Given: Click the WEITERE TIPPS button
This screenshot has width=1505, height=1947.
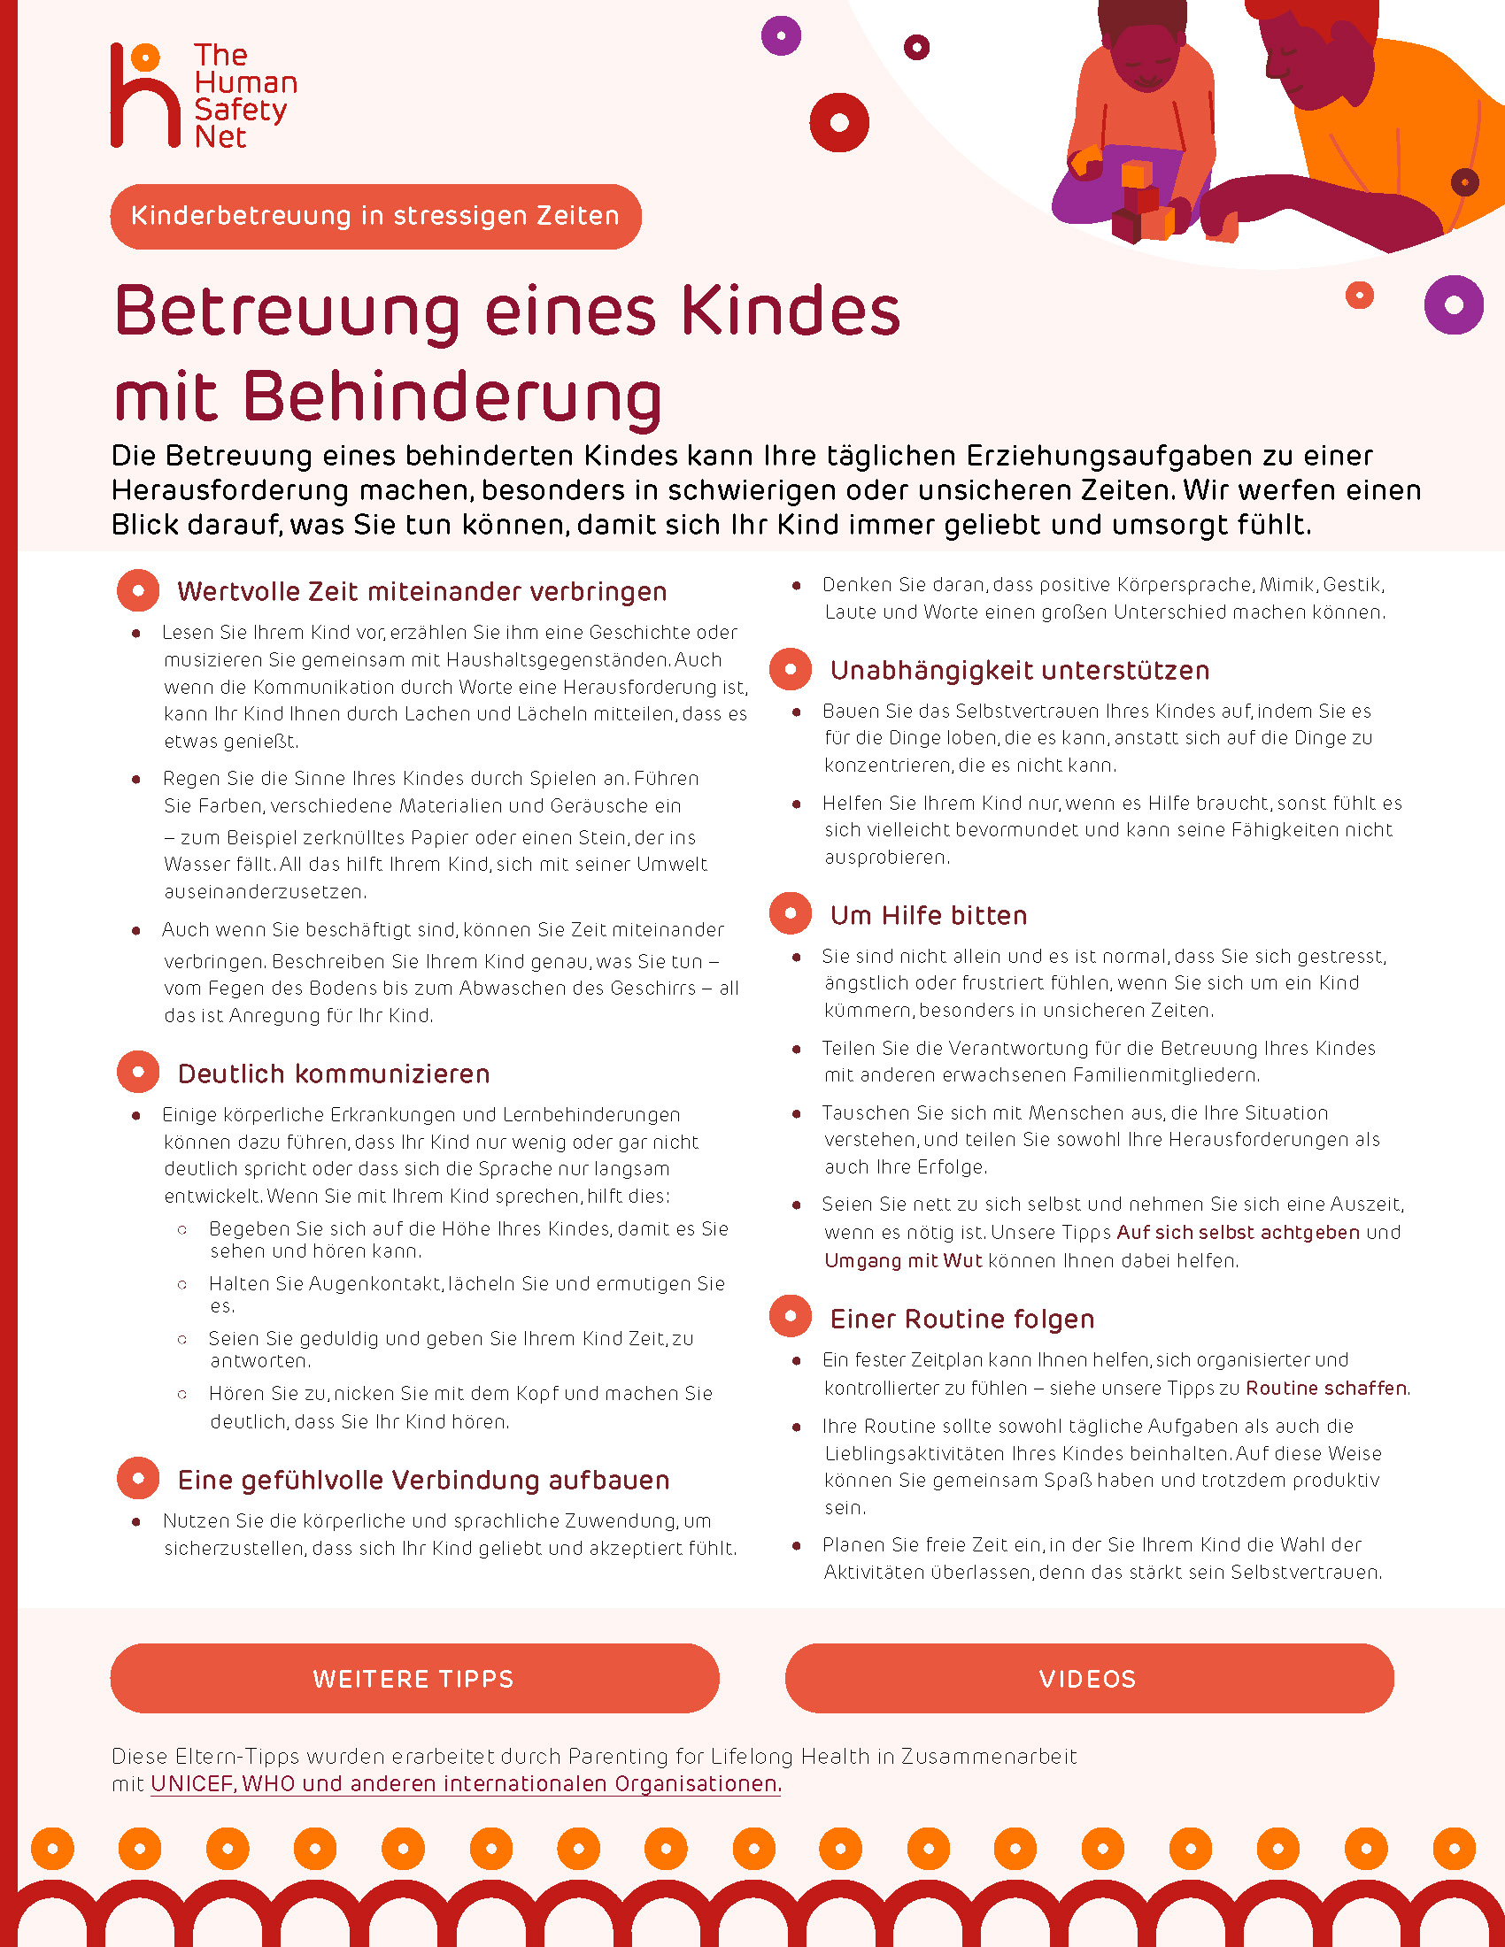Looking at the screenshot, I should (x=414, y=1679).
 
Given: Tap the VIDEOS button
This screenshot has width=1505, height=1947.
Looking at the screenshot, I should (x=1089, y=1679).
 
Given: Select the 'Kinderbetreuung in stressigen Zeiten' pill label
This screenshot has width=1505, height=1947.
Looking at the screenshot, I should (x=375, y=217).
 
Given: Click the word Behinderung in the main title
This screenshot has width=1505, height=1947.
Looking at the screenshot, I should (x=452, y=397).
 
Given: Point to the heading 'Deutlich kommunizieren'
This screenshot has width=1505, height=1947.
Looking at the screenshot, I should (x=334, y=1074).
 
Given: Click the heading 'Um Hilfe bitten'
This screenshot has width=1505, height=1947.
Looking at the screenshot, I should (x=928, y=916).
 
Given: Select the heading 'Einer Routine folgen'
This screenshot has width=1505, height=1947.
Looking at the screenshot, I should (x=962, y=1319).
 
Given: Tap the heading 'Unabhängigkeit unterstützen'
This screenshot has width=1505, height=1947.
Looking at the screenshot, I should (x=1019, y=671).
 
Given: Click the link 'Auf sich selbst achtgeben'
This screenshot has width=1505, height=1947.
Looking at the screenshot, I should (x=1238, y=1232).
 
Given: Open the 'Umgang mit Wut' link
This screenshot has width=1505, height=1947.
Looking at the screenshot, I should (x=902, y=1260).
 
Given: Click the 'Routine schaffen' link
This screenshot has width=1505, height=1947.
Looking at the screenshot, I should (x=1326, y=1388).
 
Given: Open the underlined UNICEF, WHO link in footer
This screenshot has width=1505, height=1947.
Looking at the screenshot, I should (x=466, y=1784).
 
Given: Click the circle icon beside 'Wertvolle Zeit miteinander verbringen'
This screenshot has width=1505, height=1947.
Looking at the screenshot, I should (x=138, y=590).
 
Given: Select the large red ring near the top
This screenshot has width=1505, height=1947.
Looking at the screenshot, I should (x=839, y=122).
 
